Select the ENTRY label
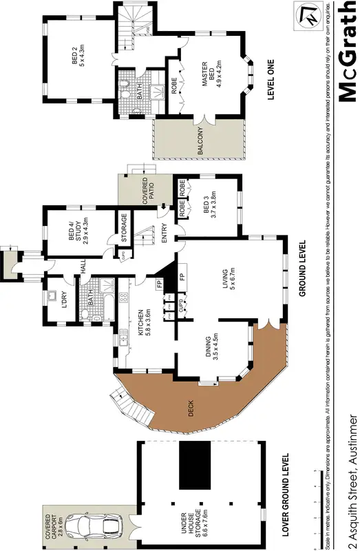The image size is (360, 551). (164, 235)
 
